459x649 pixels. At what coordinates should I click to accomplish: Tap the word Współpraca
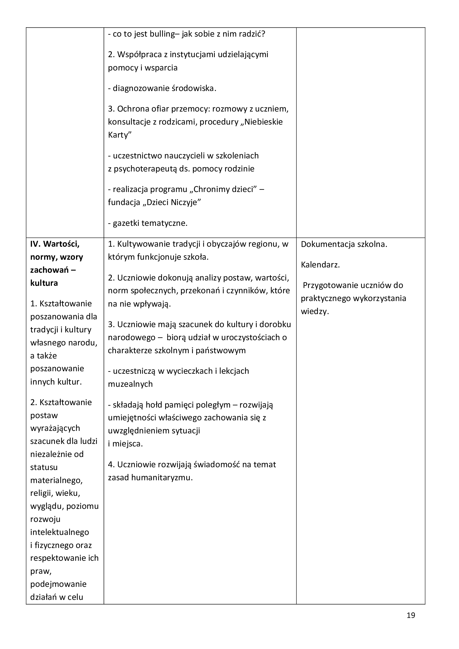click(139, 54)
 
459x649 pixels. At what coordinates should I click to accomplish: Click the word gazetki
click(126, 223)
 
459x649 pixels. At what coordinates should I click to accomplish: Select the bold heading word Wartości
click(62, 244)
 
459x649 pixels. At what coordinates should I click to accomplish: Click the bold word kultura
click(44, 283)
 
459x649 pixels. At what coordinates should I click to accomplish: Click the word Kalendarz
click(320, 265)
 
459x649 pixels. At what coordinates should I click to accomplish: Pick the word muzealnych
click(130, 384)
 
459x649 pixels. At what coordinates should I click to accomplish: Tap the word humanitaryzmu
click(162, 478)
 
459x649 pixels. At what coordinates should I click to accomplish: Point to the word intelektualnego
click(60, 532)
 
